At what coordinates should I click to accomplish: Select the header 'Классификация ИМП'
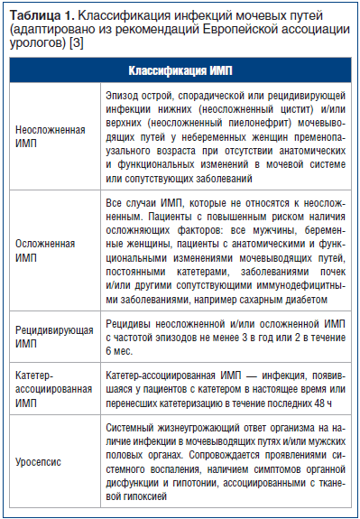coord(180,70)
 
